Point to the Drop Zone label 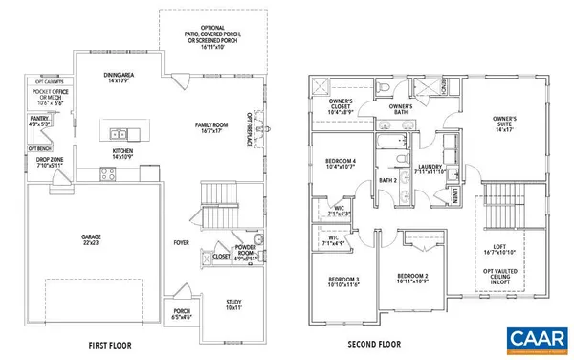43,162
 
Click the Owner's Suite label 504,122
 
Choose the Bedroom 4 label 342,163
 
